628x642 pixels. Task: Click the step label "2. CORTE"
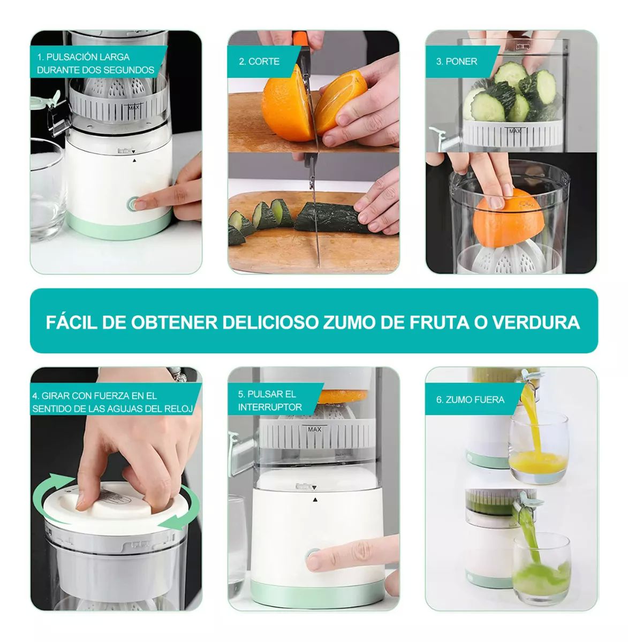click(x=259, y=62)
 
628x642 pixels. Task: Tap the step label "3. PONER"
click(x=456, y=62)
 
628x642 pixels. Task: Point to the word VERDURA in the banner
click(x=535, y=322)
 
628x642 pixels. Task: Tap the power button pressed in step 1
click(x=133, y=204)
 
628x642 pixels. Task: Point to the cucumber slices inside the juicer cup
click(x=511, y=96)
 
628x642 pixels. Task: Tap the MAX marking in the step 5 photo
click(x=314, y=429)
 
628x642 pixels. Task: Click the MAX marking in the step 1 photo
click(x=133, y=108)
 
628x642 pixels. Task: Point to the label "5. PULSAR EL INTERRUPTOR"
click(x=270, y=401)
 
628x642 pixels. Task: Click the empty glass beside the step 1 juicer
click(x=47, y=187)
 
